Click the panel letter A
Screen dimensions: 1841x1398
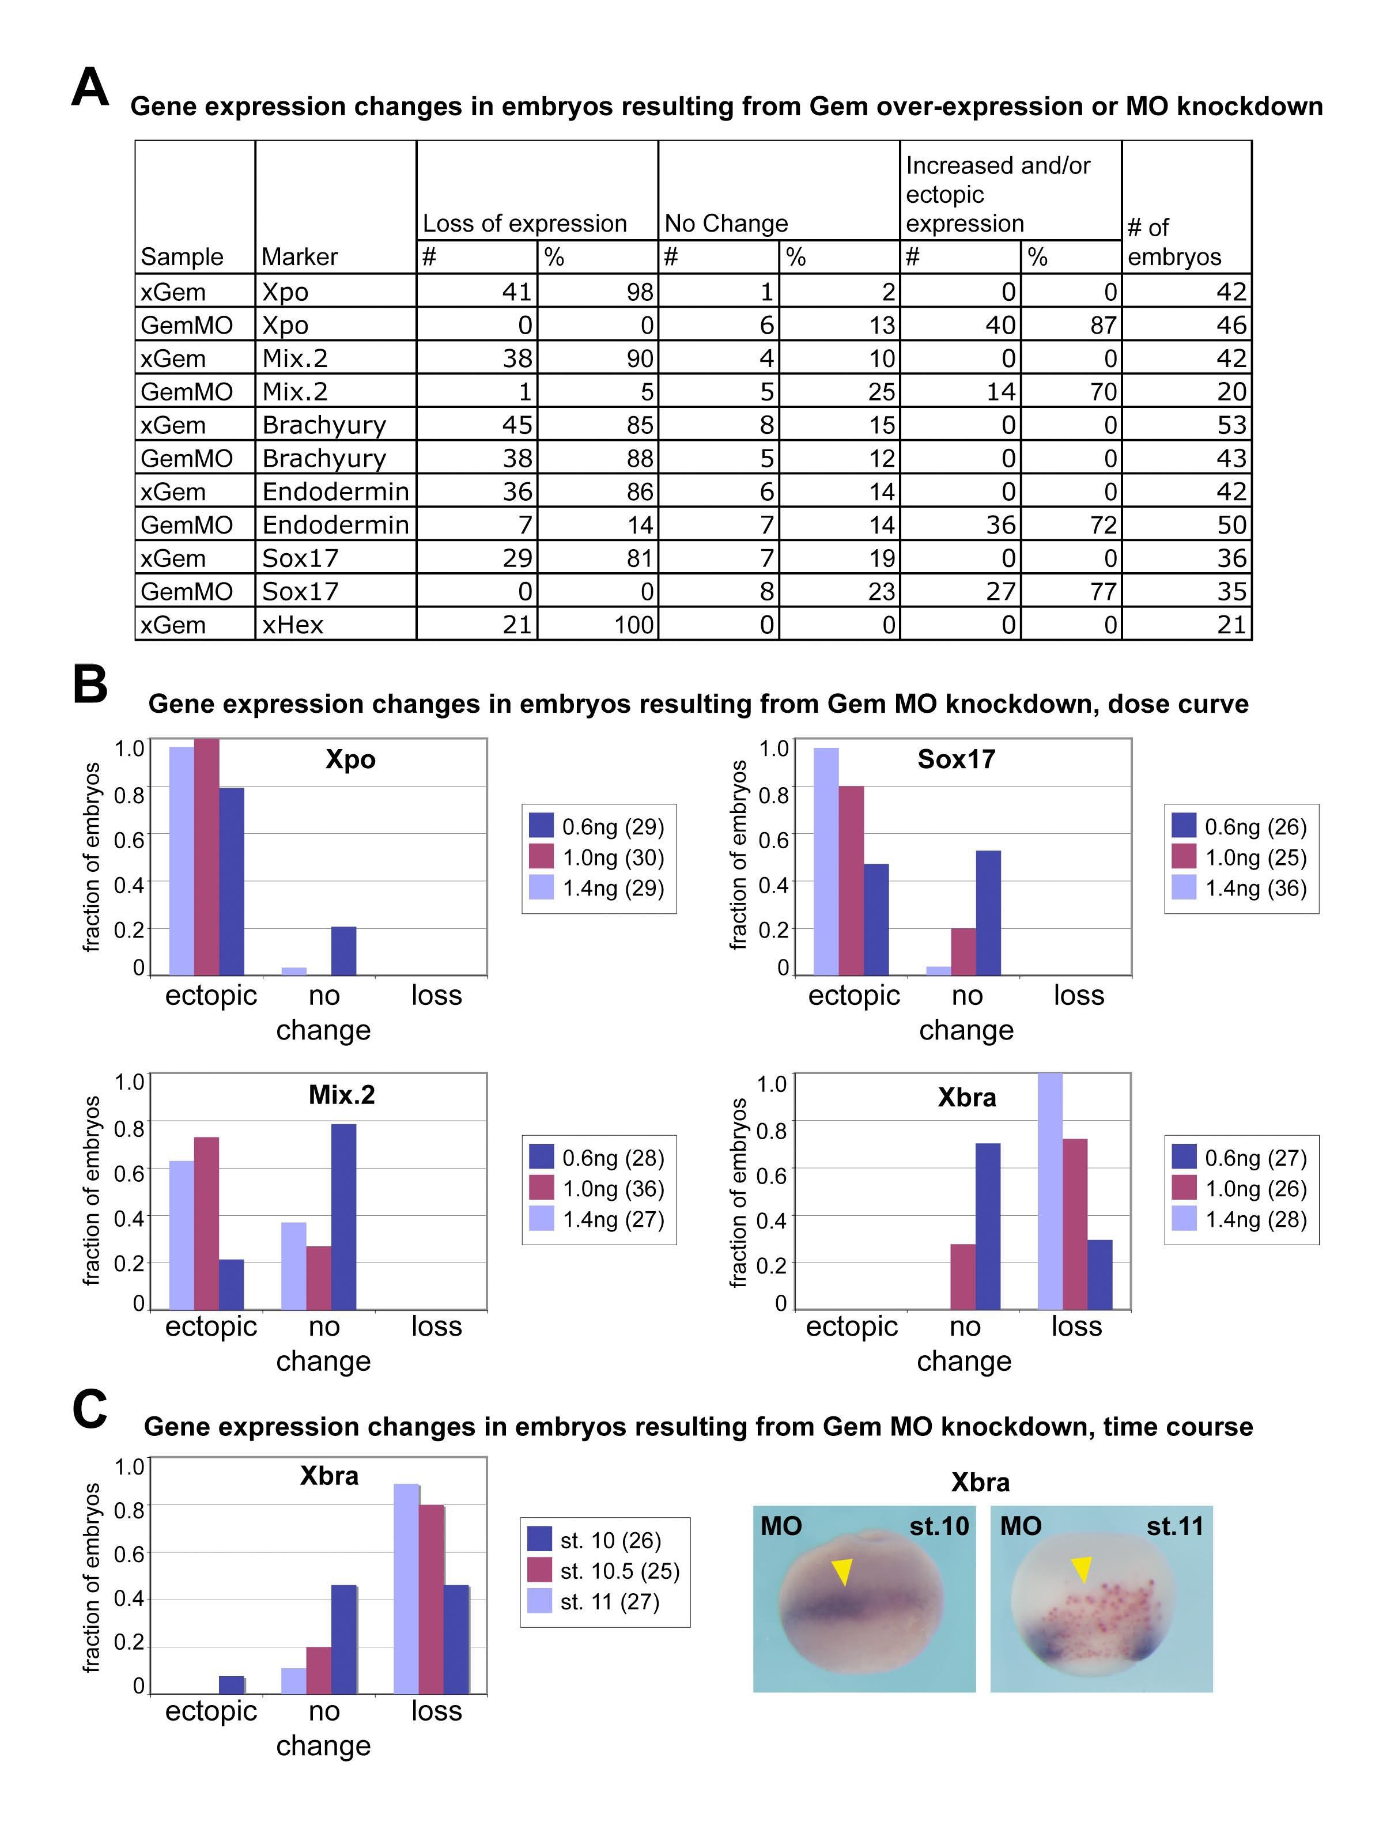90,88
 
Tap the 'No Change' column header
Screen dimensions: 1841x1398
726,223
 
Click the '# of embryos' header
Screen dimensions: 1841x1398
1173,241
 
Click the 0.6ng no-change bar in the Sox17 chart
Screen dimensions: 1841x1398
988,912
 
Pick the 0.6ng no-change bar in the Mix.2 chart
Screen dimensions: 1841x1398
343,1216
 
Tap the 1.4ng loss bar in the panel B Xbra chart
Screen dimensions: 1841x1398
1050,1190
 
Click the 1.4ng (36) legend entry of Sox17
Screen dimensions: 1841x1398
1240,888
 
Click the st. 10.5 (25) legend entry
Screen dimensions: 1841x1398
603,1571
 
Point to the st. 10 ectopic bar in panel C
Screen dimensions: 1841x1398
231,1684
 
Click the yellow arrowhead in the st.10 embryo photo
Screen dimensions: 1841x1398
842,1571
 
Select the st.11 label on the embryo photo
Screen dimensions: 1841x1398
1174,1526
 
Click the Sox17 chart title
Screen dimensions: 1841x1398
956,759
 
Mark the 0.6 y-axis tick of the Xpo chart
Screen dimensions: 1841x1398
129,839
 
